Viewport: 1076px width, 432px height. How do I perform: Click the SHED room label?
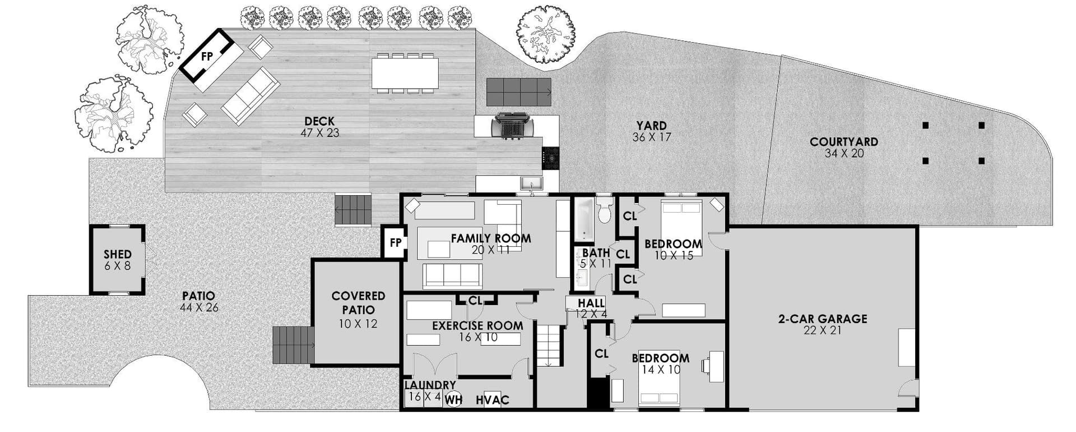click(118, 260)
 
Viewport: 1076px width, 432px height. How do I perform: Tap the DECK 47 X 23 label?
click(319, 127)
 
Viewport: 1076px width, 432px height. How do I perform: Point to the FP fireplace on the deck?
click(207, 56)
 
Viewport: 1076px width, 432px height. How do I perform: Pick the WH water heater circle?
click(453, 400)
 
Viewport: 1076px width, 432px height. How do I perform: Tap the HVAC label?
click(493, 400)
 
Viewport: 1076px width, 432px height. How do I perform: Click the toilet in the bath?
click(604, 209)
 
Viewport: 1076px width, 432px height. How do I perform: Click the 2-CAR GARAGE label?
click(822, 324)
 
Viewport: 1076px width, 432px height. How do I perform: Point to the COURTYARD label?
click(844, 148)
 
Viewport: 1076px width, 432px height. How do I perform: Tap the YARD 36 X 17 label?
click(651, 131)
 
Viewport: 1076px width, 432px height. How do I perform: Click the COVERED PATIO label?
click(358, 310)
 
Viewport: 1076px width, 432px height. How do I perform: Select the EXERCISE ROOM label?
click(477, 332)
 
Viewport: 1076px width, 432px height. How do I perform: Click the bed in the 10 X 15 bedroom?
click(681, 223)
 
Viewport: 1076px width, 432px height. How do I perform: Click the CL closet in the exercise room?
click(475, 301)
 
